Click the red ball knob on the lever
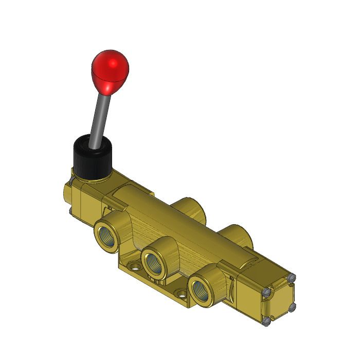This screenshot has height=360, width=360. pos(110,68)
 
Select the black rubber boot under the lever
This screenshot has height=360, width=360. pos(91,157)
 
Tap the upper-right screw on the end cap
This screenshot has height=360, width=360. pos(293,278)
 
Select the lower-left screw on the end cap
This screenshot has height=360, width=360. pos(267,321)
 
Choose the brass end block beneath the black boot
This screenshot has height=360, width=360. pos(85,201)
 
